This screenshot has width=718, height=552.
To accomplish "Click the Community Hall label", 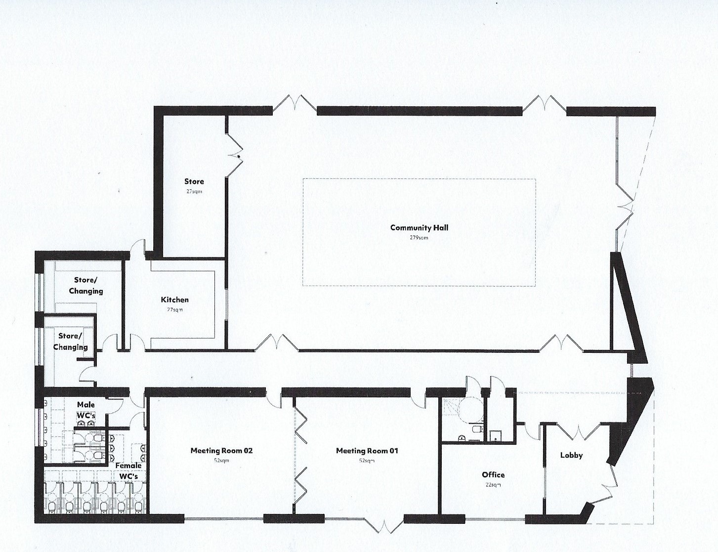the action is point(419,228).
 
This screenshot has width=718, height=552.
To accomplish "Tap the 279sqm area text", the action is point(419,238).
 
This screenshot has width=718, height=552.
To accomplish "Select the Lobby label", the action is point(571,455).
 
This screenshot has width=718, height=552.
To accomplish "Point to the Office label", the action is point(493,475).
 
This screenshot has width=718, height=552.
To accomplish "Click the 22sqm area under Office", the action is point(493,485).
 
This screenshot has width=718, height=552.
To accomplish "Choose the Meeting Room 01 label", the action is point(367,451).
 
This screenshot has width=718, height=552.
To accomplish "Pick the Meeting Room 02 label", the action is point(221,451).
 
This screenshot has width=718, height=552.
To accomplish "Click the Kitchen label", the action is point(174,299).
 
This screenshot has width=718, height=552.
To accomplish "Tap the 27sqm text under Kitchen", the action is point(175,310).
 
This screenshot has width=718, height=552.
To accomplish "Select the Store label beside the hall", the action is point(194,181).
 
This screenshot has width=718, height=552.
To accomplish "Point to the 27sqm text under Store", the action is point(194,192).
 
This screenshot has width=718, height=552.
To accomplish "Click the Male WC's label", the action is point(86,410).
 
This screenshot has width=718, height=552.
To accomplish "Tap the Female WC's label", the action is point(128,471).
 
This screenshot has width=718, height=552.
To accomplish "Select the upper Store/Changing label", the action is point(85,286).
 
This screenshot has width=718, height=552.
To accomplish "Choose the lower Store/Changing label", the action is point(70,341).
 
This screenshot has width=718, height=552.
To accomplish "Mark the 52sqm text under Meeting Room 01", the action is point(367,461).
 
